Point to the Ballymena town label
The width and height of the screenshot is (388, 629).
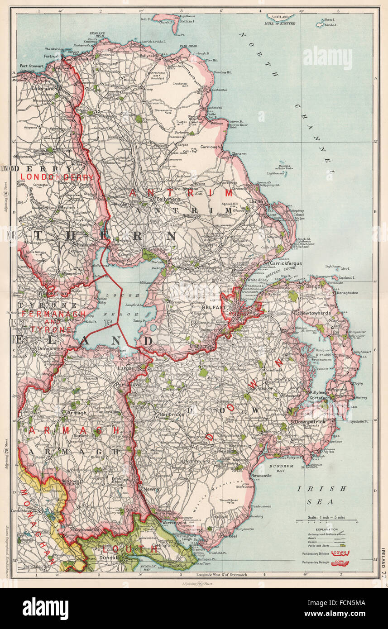(x=167, y=199)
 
